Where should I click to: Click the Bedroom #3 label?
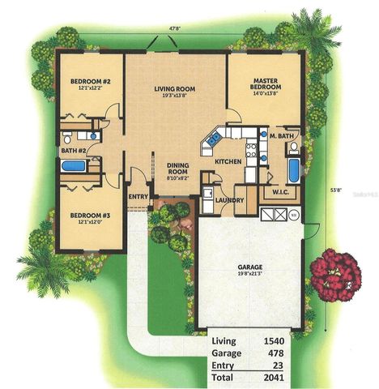click(x=89, y=216)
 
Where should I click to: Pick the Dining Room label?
click(x=178, y=169)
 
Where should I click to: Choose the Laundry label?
click(x=231, y=199)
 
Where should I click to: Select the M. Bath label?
click(x=280, y=135)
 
